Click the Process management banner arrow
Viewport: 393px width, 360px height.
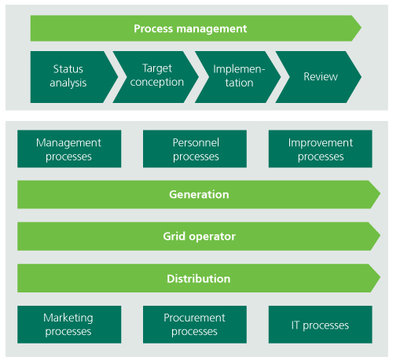tap(196, 28)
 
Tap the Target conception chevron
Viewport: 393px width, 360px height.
tap(156, 77)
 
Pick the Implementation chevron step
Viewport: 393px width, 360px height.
tap(238, 77)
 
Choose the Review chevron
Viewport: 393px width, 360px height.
tap(318, 77)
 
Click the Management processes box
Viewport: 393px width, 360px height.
tap(69, 149)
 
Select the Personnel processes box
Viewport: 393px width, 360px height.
tap(195, 149)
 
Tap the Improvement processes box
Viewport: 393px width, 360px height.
tap(321, 149)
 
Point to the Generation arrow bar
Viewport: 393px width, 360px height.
tap(199, 194)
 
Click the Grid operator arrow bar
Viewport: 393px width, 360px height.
tap(199, 237)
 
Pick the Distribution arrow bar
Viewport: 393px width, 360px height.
tap(199, 278)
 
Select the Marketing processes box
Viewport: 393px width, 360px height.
tap(69, 325)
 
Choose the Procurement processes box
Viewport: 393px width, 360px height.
tap(195, 325)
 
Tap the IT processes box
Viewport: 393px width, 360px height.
tap(321, 325)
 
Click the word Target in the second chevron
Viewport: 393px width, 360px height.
tap(157, 69)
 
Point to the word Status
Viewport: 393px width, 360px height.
tap(68, 69)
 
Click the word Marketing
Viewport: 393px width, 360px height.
tap(68, 318)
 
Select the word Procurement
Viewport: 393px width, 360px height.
tap(194, 318)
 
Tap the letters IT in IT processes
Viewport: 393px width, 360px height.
tap(296, 325)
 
